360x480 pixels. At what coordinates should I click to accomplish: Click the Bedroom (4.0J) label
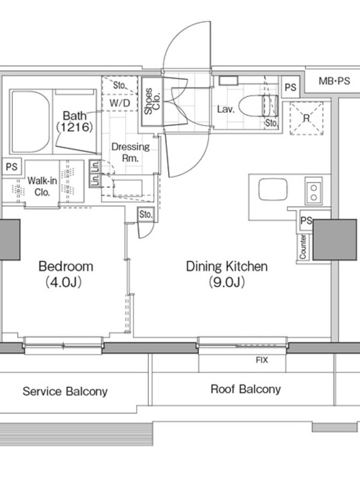[65, 274]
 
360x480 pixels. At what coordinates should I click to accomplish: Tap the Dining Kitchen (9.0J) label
[227, 274]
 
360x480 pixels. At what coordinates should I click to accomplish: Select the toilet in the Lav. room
[259, 106]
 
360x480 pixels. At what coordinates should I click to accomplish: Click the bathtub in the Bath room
[31, 122]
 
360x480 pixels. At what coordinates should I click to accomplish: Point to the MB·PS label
[334, 81]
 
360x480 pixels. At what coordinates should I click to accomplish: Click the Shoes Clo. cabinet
[152, 101]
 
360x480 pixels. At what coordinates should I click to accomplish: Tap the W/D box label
[119, 103]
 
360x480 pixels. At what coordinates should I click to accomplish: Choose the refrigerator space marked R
[307, 118]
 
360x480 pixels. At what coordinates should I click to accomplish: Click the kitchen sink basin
[273, 190]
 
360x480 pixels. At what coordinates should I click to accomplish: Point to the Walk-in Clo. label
[42, 186]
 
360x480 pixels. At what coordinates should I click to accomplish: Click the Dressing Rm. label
[130, 152]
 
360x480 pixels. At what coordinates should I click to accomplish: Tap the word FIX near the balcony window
[262, 360]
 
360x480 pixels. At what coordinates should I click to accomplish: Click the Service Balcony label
[65, 392]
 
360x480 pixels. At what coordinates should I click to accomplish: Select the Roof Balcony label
[245, 389]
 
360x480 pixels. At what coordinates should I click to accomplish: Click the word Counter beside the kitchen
[303, 247]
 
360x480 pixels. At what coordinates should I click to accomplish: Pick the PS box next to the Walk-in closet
[11, 167]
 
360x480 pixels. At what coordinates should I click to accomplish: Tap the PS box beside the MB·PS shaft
[290, 88]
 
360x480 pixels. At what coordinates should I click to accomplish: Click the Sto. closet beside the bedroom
[145, 214]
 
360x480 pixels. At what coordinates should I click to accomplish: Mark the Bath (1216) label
[74, 121]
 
